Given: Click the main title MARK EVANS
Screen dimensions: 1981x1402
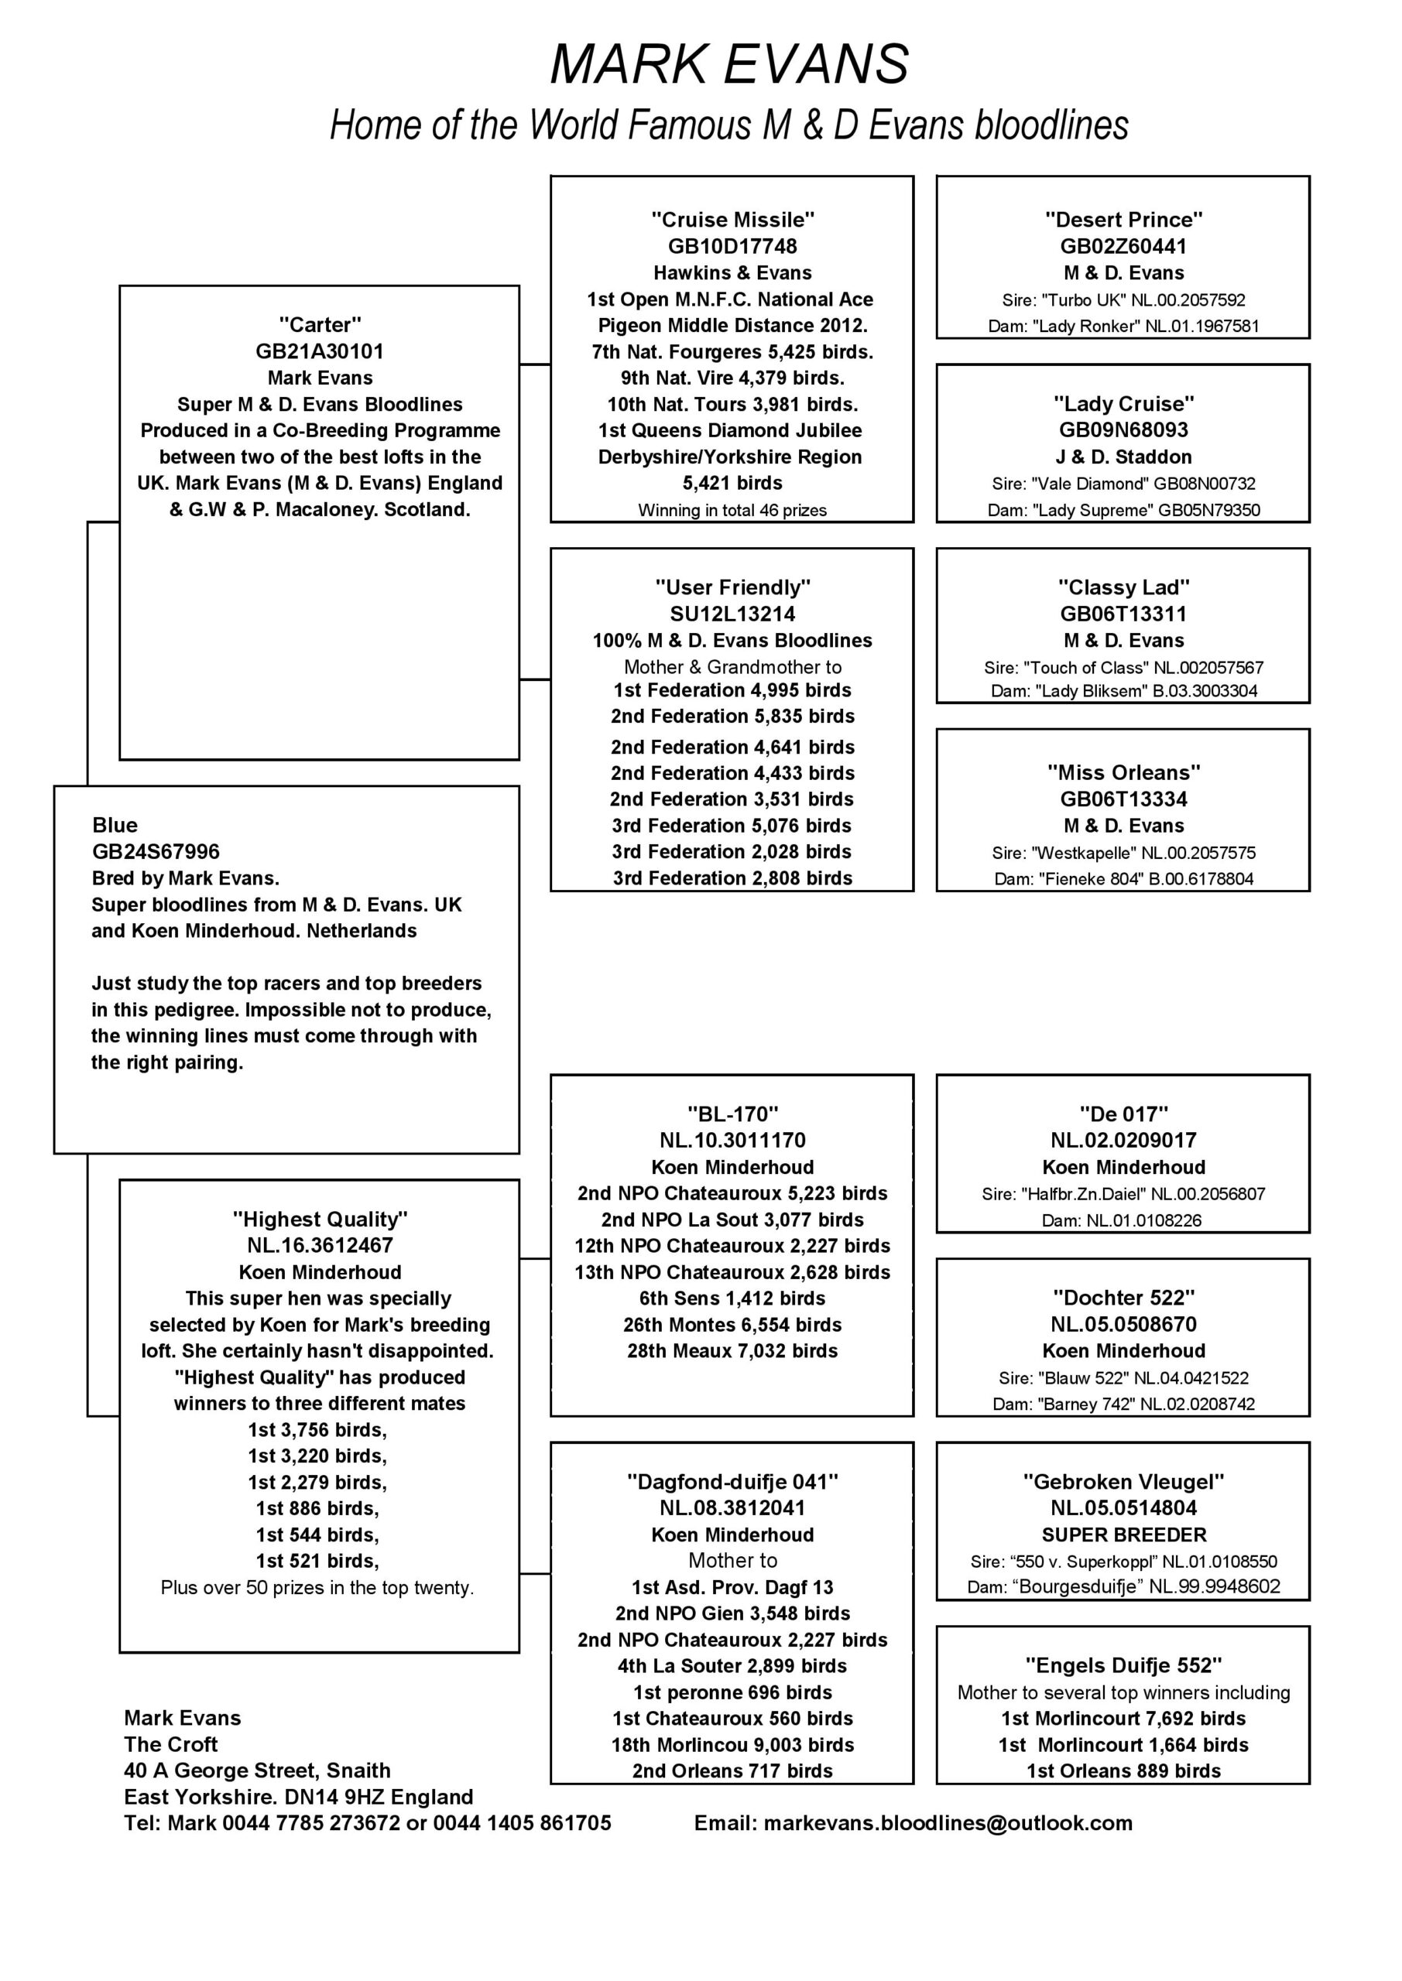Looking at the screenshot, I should pyautogui.click(x=729, y=65).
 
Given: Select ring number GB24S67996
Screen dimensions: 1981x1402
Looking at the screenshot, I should pyautogui.click(x=156, y=851).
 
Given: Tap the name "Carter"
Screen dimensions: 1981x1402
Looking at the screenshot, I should pyautogui.click(x=320, y=325).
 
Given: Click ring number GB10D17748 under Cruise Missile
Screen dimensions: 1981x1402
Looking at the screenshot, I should pyautogui.click(x=732, y=247).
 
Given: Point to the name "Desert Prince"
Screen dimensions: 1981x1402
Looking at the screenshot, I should pyautogui.click(x=1123, y=220).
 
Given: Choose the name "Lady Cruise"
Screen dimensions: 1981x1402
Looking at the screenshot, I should pyautogui.click(x=1123, y=404).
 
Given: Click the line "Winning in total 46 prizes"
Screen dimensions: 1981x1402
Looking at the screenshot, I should pyautogui.click(x=732, y=510).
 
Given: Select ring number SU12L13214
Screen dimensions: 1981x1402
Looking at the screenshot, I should pyautogui.click(x=732, y=614).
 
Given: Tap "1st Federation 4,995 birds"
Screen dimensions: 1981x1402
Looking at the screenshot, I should pyautogui.click(x=732, y=690).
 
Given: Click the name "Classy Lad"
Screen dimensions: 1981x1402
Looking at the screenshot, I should pyautogui.click(x=1123, y=587).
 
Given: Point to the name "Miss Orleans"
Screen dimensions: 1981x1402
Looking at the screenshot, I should pyautogui.click(x=1123, y=772).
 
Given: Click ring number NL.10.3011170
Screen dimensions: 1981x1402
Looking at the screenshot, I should pyautogui.click(x=732, y=1141).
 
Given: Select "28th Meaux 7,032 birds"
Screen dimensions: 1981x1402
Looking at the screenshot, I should pyautogui.click(x=732, y=1351).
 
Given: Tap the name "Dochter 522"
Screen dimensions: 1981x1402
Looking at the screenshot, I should pyautogui.click(x=1123, y=1298).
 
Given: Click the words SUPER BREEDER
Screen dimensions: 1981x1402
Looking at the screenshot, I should pyautogui.click(x=1123, y=1535).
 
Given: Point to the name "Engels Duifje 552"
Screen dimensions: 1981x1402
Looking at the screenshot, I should pyautogui.click(x=1123, y=1665).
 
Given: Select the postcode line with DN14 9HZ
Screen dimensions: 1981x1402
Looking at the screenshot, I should pyautogui.click(x=299, y=1798).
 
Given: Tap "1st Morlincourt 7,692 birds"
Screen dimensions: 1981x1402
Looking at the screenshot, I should pyautogui.click(x=1123, y=1719).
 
